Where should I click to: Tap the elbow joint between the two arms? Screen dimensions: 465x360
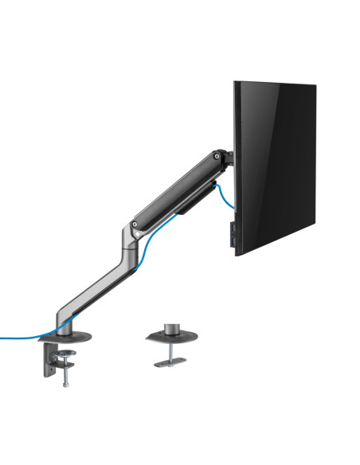[x=130, y=235]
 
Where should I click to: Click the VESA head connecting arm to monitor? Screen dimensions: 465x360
[x=229, y=158]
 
